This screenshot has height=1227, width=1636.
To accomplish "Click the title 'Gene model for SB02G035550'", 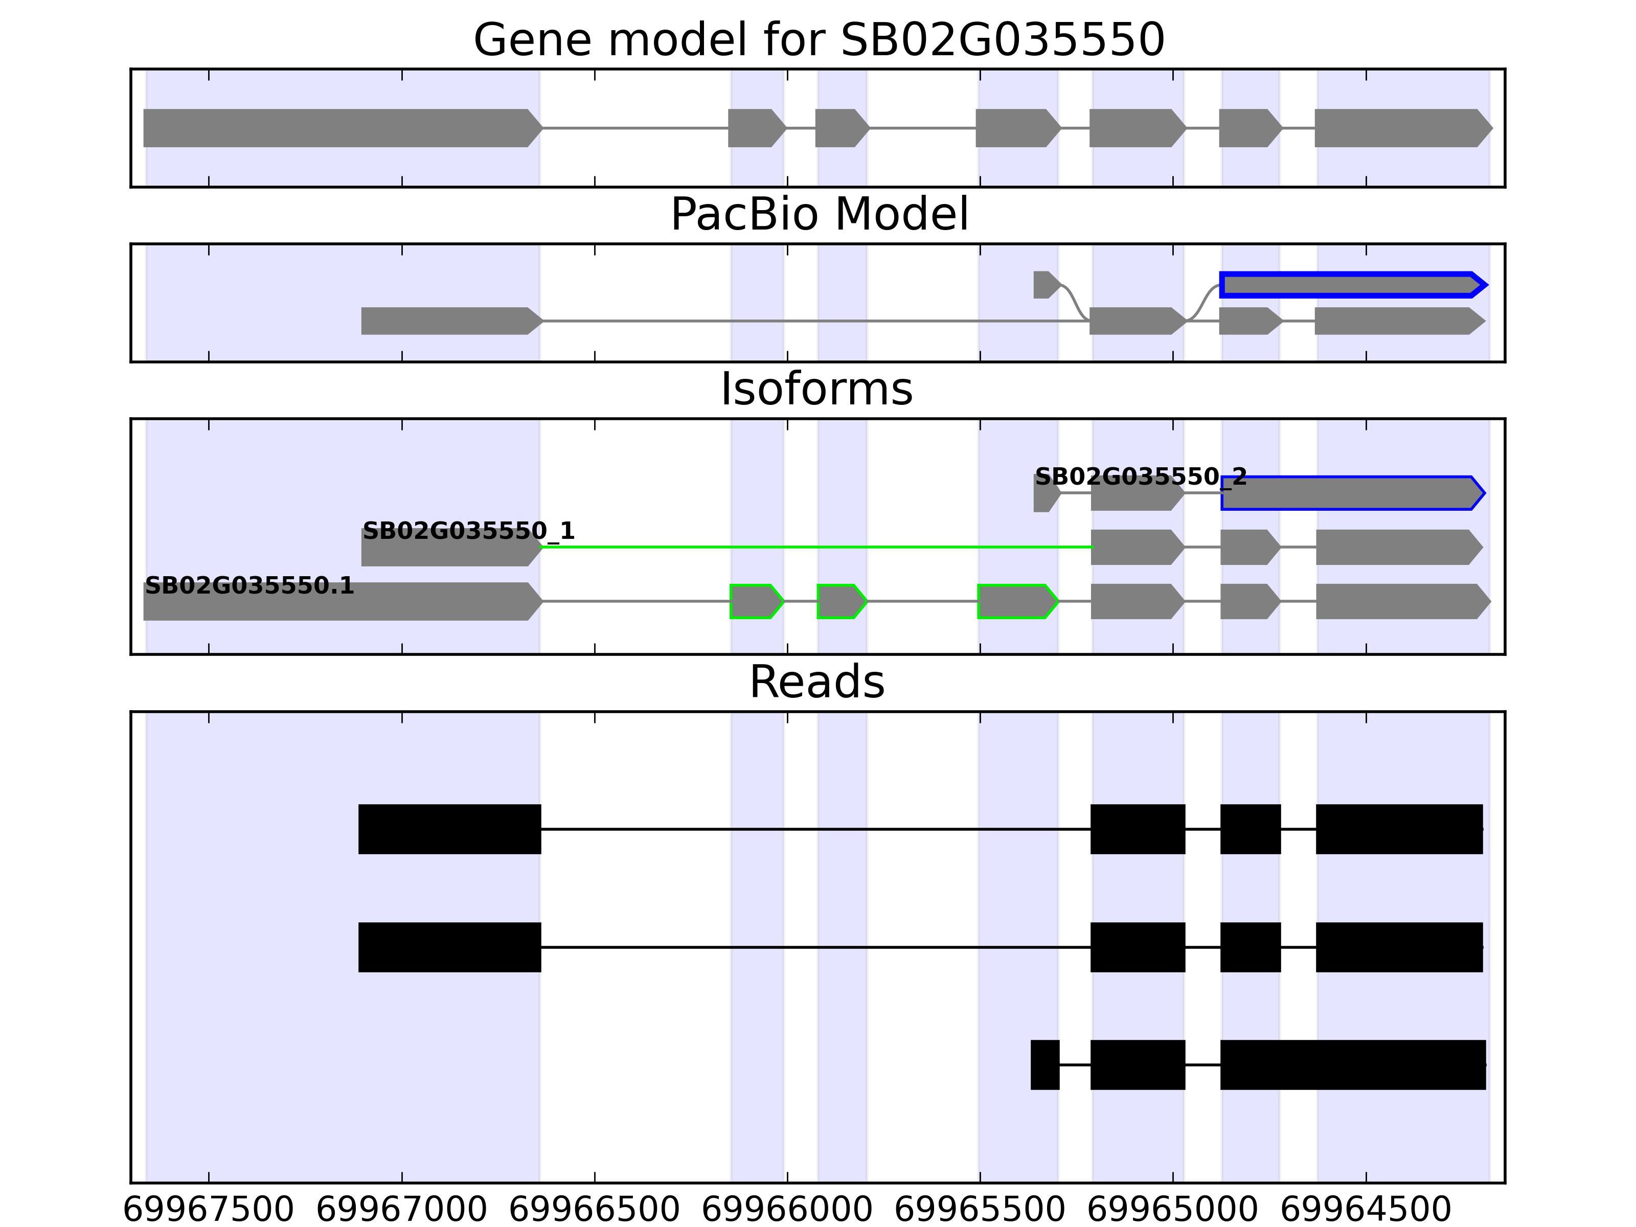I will pyautogui.click(x=819, y=40).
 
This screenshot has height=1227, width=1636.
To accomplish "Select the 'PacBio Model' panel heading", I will pyautogui.click(x=819, y=215).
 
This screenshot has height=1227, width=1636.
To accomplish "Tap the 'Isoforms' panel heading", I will pyautogui.click(x=816, y=389).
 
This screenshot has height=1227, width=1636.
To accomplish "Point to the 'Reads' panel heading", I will pyautogui.click(x=816, y=682).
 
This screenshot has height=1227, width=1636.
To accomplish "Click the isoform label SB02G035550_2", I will pyautogui.click(x=1140, y=477).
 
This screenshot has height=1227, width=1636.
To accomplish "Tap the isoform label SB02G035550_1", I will pyautogui.click(x=468, y=531).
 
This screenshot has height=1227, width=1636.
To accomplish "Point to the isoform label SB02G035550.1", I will pyautogui.click(x=249, y=586).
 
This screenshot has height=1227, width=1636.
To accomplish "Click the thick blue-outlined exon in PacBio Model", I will pyautogui.click(x=1350, y=285).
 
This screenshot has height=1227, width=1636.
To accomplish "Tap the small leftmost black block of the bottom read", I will pyautogui.click(x=1044, y=1064).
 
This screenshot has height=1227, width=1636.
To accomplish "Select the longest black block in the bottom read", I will pyautogui.click(x=1352, y=1064).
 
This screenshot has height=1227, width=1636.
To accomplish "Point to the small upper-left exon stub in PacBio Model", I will pyautogui.click(x=1043, y=285).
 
